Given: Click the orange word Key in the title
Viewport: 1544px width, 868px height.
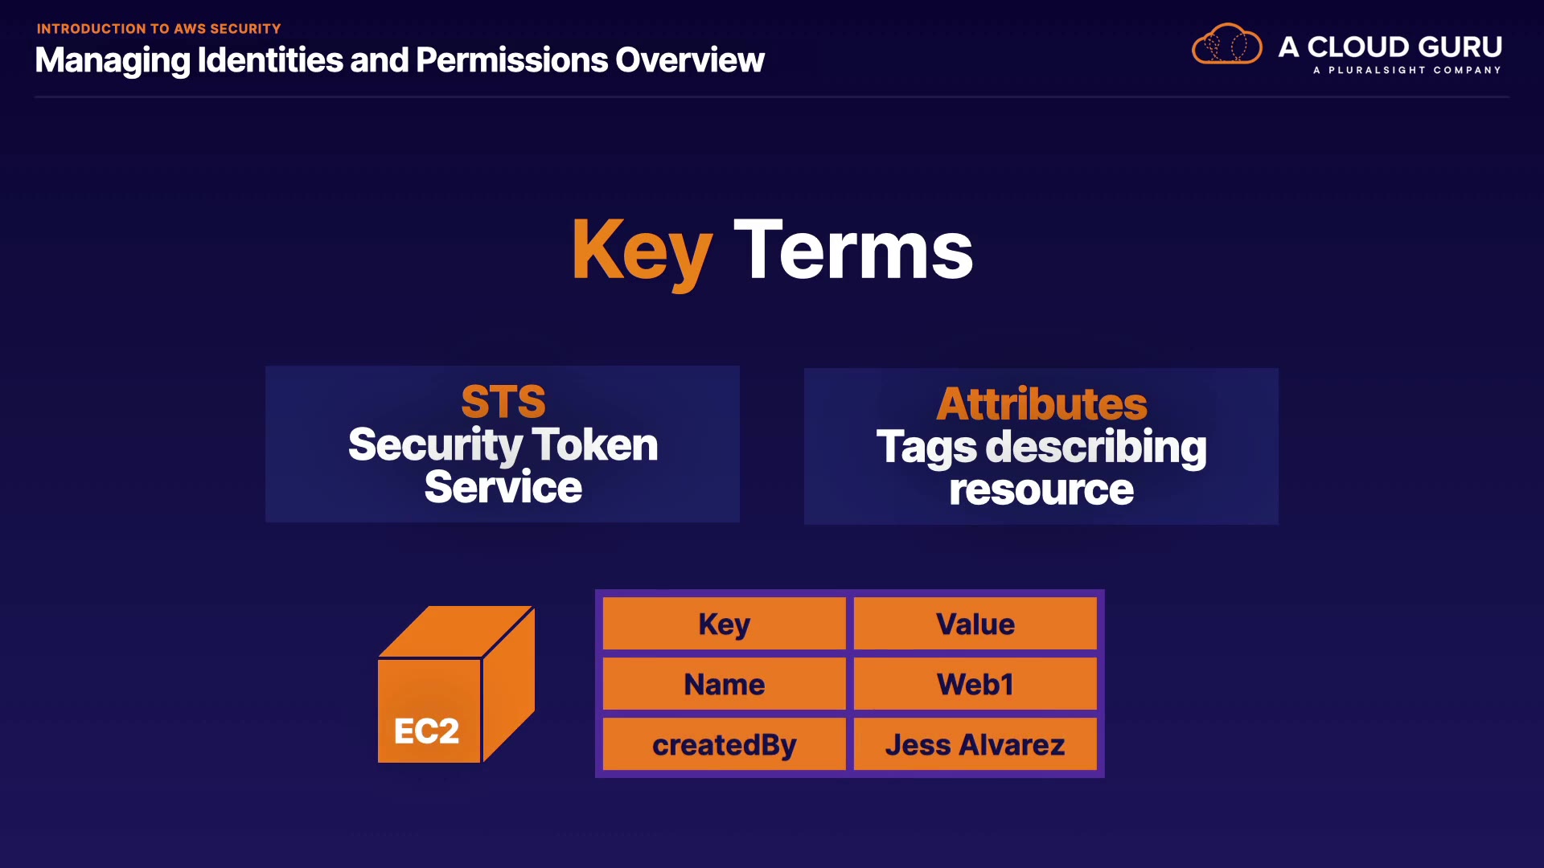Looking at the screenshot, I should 642,251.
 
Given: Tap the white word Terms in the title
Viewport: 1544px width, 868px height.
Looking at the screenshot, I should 853,251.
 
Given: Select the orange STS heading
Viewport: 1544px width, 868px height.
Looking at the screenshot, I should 503,401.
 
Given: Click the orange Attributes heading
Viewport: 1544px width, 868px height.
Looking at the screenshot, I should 1041,403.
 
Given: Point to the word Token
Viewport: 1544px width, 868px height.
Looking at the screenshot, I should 595,444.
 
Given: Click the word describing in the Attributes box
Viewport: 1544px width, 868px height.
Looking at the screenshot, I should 1096,447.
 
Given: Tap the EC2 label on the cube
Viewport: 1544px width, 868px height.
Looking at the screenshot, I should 426,731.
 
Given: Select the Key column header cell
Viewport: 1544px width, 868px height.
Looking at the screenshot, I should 725,624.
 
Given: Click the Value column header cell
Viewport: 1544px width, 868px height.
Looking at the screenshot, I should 975,624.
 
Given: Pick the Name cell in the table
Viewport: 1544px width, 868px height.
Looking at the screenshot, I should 725,684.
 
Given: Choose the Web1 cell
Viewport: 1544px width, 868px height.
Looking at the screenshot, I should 975,684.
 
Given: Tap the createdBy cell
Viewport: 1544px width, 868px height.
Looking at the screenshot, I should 725,744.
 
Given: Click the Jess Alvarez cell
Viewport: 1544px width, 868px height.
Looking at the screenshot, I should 975,744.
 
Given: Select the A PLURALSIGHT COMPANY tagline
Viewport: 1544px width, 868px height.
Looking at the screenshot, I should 1406,70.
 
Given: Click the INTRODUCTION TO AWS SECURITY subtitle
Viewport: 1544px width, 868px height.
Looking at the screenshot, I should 158,29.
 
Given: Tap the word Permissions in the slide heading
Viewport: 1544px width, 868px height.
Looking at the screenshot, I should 511,60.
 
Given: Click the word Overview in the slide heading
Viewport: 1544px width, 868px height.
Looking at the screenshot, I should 690,60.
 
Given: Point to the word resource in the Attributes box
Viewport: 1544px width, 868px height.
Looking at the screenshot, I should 1041,489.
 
